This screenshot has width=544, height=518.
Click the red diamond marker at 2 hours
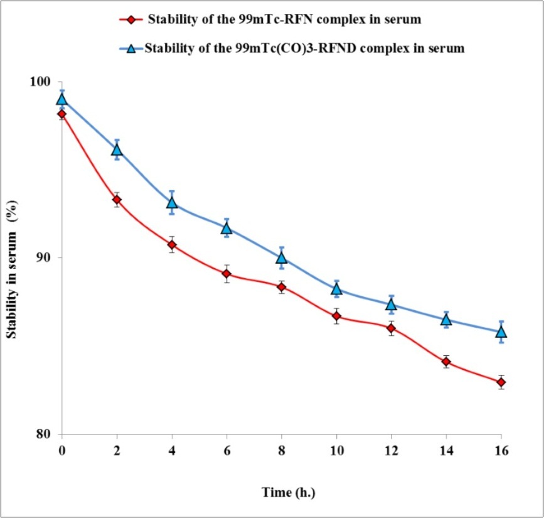coord(117,200)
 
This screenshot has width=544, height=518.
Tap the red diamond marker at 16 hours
coord(501,382)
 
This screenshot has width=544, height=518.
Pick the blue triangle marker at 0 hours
coord(61,99)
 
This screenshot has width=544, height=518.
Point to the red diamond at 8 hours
coord(281,287)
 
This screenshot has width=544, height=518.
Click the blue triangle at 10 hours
coord(336,289)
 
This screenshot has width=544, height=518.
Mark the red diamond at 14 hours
coord(446,362)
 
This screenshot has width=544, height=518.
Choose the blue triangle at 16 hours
coord(501,332)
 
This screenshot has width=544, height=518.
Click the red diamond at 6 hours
coord(227,274)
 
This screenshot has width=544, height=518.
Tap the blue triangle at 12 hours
coord(391,305)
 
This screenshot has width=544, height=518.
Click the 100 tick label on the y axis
coord(46,82)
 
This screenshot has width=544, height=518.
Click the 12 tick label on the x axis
coord(391,451)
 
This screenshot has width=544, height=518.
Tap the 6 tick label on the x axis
coord(227,451)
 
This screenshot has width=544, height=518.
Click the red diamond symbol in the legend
coord(131,19)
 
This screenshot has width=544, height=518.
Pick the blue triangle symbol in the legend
coord(131,48)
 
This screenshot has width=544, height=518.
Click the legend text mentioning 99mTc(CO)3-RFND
coord(304,48)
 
